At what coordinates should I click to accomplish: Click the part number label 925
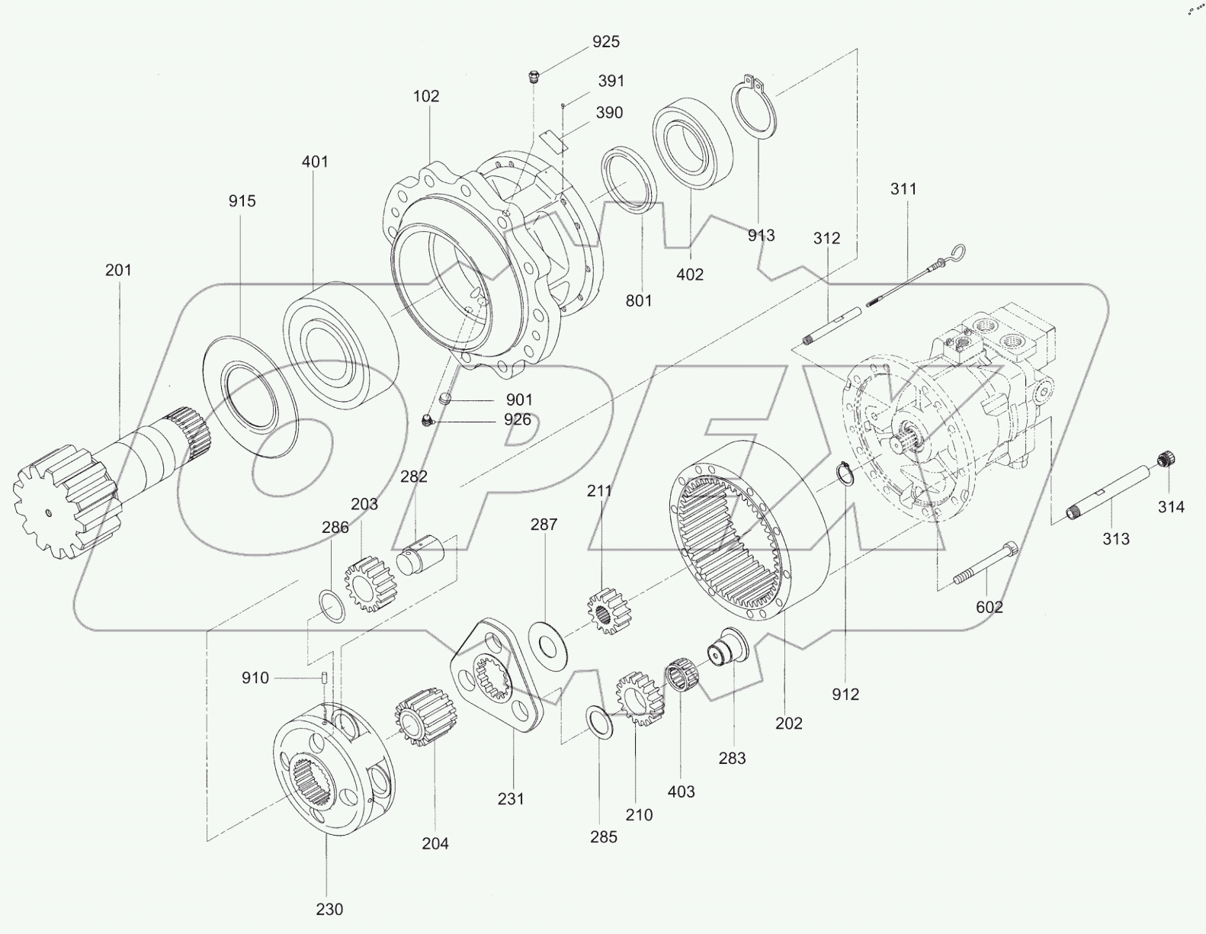pos(606,42)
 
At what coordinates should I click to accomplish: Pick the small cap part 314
pos(1163,459)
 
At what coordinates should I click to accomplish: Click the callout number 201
pos(118,270)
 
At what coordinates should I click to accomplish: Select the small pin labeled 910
pos(325,676)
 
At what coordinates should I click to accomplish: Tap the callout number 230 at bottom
pos(329,910)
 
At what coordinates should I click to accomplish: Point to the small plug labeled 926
pos(428,419)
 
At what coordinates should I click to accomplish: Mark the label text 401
pos(315,162)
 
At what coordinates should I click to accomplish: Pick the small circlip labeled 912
pos(844,474)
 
